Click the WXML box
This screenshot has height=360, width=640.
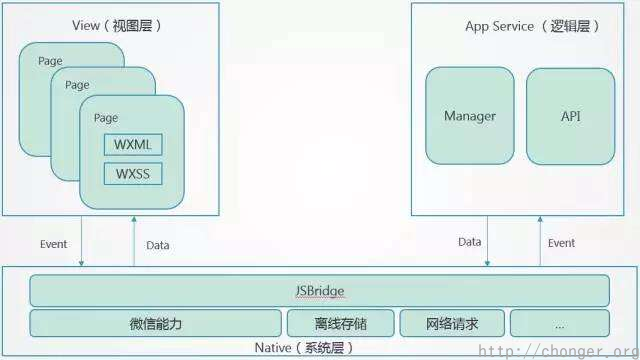point(132,145)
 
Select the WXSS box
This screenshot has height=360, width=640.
point(132,174)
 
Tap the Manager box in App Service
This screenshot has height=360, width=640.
point(470,116)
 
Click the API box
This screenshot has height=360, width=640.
point(570,116)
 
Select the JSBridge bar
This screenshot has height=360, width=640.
point(319,291)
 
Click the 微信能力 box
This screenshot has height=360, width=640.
point(156,323)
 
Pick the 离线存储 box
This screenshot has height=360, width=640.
point(340,323)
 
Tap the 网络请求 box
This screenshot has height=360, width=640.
point(451,323)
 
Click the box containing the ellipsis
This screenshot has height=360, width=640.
point(559,323)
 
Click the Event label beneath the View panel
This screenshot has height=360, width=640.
point(53,243)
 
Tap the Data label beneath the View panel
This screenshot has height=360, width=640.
point(158,244)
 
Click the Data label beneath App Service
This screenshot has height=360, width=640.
point(469,242)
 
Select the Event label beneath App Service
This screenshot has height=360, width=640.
point(561,242)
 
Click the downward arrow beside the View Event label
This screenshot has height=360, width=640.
point(83,243)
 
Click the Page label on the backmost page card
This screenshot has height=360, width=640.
point(50,61)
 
